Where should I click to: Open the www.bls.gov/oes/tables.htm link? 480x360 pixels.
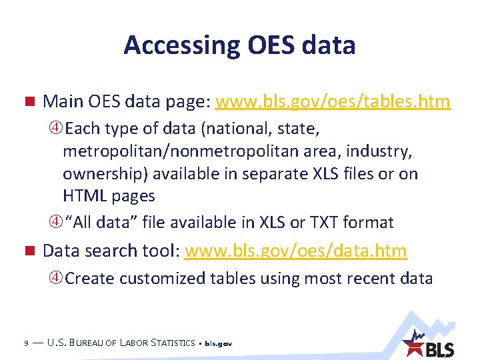(333, 102)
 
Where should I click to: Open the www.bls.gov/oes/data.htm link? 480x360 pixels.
(295, 251)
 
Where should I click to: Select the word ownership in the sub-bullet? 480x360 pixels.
(105, 173)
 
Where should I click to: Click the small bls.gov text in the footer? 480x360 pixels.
(218, 344)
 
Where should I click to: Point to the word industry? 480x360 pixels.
(380, 151)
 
